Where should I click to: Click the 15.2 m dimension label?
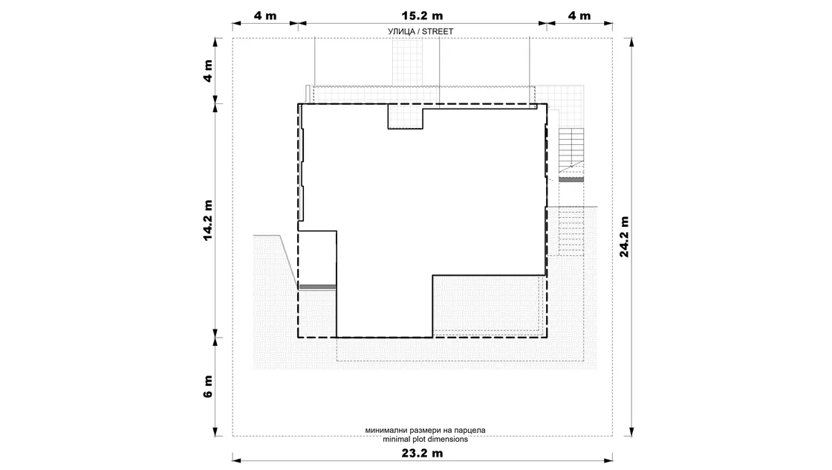(x=422, y=16)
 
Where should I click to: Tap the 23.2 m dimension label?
(x=422, y=453)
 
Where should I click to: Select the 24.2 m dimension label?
(x=624, y=236)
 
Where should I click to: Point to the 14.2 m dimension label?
(x=207, y=220)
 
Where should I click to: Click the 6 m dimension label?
(x=207, y=386)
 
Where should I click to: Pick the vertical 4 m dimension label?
(x=207, y=71)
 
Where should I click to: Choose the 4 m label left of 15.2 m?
(x=264, y=16)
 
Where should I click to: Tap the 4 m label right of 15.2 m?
(x=579, y=16)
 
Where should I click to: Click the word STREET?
(x=438, y=31)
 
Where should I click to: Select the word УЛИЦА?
(x=401, y=32)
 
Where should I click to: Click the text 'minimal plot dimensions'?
(x=425, y=440)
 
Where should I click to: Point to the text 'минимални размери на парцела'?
(x=425, y=430)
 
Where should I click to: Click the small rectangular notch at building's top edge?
(x=406, y=117)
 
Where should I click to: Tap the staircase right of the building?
(x=571, y=149)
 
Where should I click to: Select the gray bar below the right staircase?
(x=571, y=179)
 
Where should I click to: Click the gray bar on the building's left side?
(x=317, y=287)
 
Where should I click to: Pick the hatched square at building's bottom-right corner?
(x=490, y=306)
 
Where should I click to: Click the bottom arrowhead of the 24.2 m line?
(x=631, y=432)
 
